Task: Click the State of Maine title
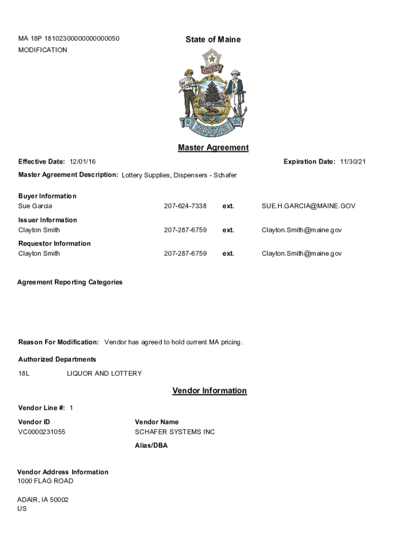(x=213, y=39)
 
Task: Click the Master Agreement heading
(x=213, y=147)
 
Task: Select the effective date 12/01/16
(x=83, y=162)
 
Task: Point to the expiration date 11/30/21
(x=353, y=162)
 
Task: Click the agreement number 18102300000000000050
(x=82, y=39)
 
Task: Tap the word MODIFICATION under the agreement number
(x=43, y=50)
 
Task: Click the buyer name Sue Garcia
(x=35, y=206)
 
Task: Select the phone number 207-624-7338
(x=185, y=206)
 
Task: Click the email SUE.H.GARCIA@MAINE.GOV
(x=309, y=206)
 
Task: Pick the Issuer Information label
(x=48, y=220)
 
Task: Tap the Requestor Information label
(x=54, y=244)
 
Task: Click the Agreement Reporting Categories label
(x=70, y=282)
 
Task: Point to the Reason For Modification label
(x=59, y=342)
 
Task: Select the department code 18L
(x=24, y=373)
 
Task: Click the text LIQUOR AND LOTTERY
(x=104, y=373)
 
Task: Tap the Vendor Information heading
(x=209, y=391)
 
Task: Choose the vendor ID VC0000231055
(x=42, y=432)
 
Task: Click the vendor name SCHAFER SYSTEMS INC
(x=175, y=432)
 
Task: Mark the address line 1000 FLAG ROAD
(x=45, y=481)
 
